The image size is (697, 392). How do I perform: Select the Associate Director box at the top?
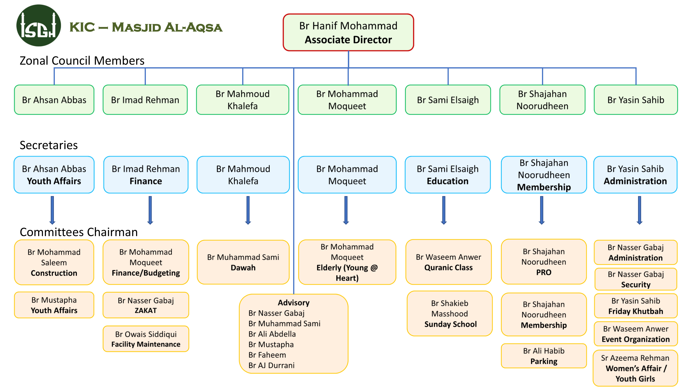click(x=348, y=32)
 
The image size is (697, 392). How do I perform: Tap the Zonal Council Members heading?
click(x=82, y=61)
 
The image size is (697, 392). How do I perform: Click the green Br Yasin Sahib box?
click(x=636, y=100)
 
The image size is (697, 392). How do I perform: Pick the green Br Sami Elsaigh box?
click(x=448, y=100)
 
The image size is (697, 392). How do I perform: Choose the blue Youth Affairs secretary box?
click(x=54, y=175)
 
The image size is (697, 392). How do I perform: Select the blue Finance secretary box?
click(x=146, y=175)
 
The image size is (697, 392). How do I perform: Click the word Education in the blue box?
click(x=447, y=181)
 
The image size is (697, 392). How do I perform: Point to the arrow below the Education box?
click(x=444, y=210)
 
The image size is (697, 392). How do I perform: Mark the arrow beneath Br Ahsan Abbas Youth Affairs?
click(x=52, y=210)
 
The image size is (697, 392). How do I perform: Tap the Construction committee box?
click(x=54, y=262)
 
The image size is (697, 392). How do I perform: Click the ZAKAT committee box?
click(x=146, y=305)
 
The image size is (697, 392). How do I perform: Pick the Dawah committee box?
click(x=243, y=262)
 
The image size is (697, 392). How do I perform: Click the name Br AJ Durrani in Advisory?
click(x=271, y=366)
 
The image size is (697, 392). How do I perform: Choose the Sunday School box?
click(x=450, y=314)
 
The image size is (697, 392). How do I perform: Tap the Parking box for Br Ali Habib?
click(x=544, y=356)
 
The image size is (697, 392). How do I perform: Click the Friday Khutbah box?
click(x=636, y=306)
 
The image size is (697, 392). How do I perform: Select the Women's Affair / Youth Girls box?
click(x=635, y=368)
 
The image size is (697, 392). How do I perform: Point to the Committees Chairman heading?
click(x=79, y=232)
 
